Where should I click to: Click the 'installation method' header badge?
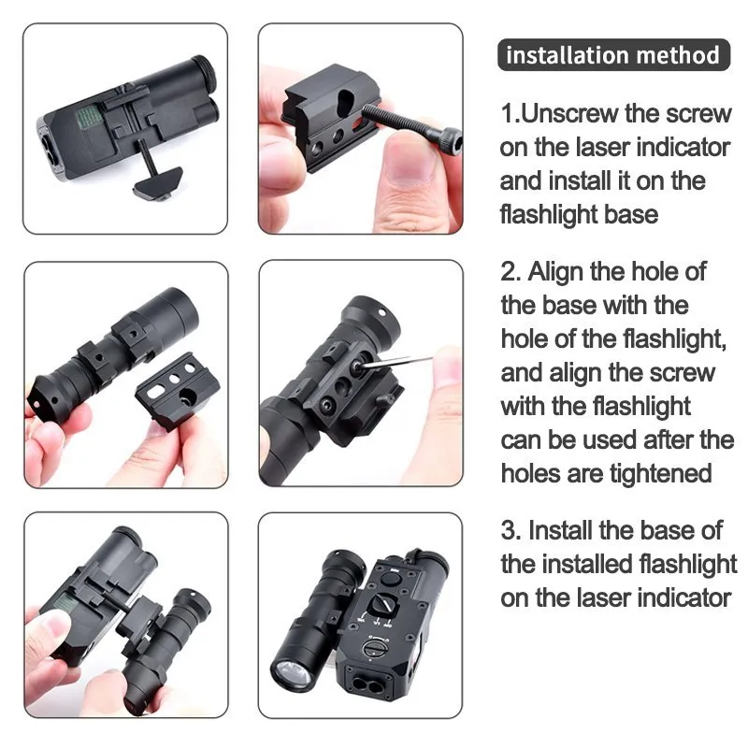(x=612, y=54)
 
